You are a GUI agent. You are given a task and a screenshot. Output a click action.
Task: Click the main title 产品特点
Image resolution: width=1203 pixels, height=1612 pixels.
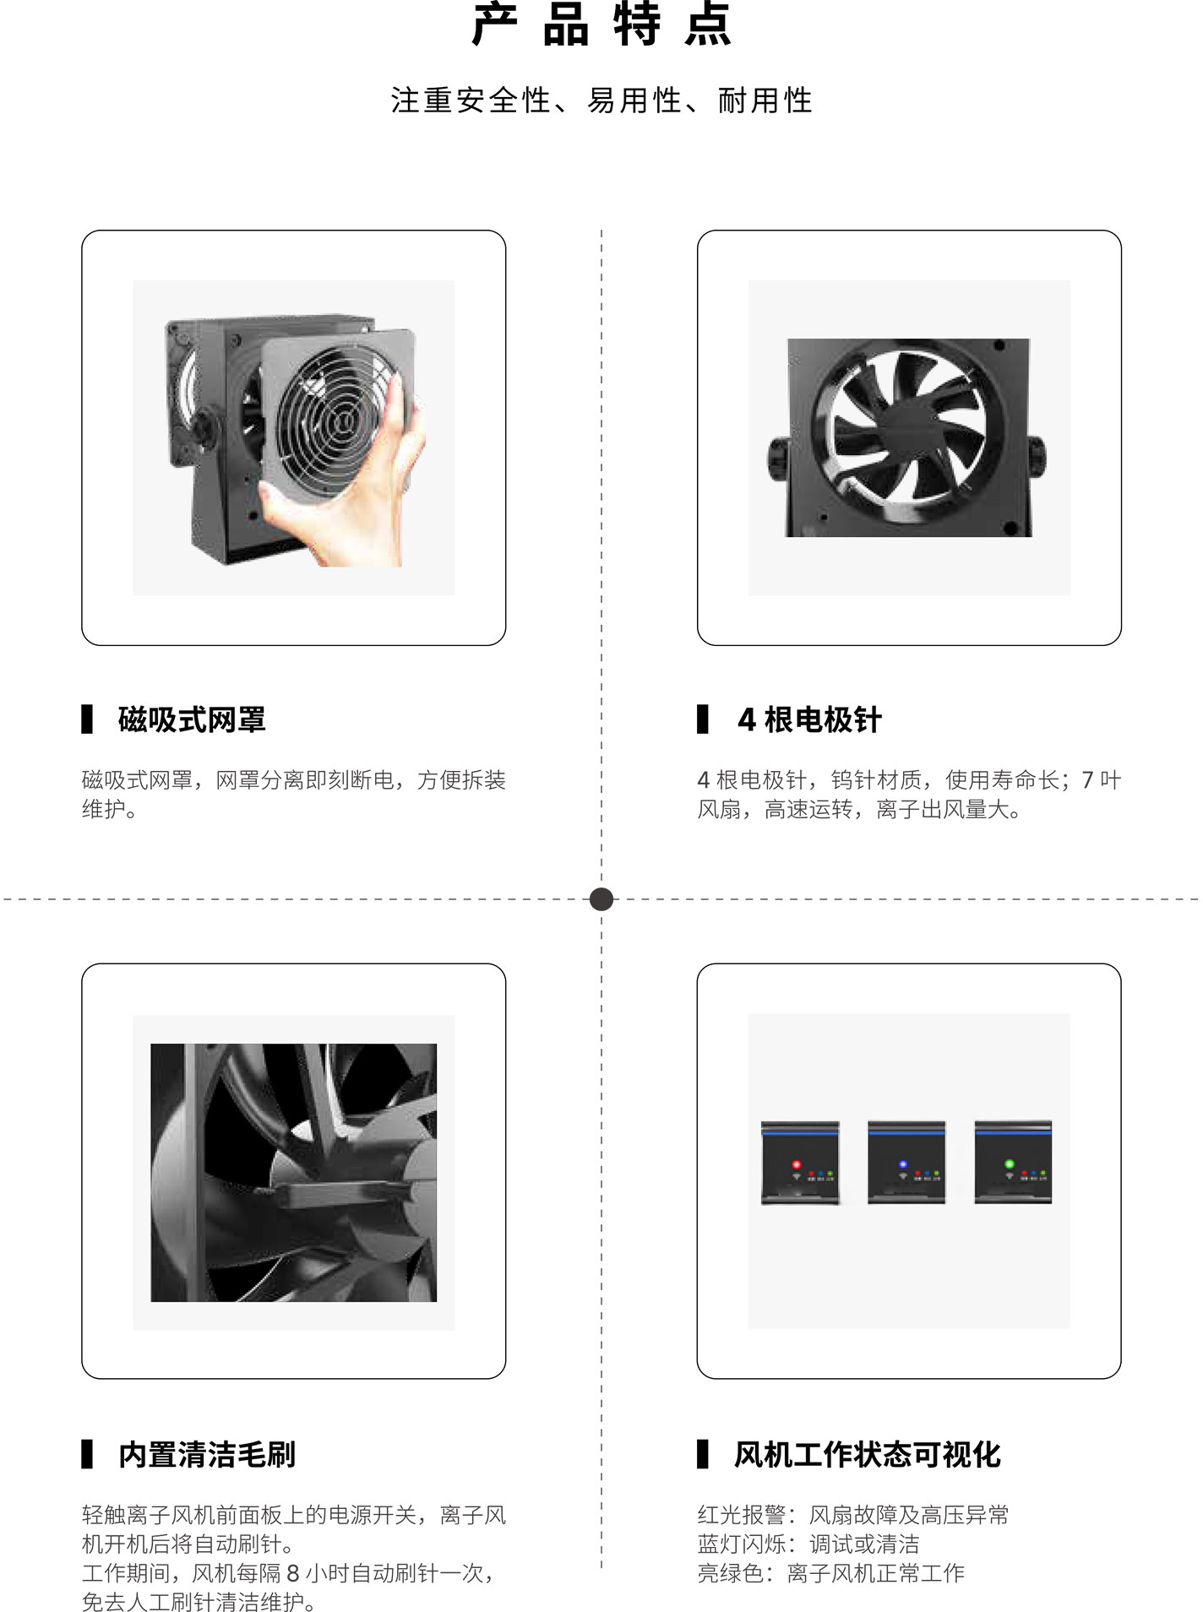[601, 24]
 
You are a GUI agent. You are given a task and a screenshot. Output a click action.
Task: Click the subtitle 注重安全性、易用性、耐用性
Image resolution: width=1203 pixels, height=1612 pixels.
[601, 100]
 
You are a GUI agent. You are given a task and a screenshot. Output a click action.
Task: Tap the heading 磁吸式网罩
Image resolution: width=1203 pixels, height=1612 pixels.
[192, 719]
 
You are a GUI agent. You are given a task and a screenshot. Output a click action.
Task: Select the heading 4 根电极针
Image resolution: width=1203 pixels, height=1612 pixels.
[809, 719]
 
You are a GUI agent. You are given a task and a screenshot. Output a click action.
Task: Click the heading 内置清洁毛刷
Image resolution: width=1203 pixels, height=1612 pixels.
[207, 1454]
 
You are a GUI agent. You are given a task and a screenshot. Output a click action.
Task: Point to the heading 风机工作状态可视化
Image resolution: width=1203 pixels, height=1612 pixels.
[868, 1454]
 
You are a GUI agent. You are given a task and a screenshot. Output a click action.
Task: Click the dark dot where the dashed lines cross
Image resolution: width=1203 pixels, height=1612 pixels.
[601, 899]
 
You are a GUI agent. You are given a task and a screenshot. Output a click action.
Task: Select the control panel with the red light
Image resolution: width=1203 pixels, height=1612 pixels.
[800, 1162]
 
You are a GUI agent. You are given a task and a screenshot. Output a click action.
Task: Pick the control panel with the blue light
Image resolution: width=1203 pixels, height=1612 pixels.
[906, 1162]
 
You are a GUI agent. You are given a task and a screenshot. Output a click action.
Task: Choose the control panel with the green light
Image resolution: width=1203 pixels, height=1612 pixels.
[1013, 1162]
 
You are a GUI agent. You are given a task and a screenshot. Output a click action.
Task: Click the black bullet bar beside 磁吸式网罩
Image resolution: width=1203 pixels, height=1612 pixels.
[87, 719]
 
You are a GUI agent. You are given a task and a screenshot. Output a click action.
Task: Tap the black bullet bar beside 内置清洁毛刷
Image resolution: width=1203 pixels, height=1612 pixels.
[87, 1454]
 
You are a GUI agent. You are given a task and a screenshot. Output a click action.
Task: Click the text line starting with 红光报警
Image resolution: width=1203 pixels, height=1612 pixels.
[853, 1515]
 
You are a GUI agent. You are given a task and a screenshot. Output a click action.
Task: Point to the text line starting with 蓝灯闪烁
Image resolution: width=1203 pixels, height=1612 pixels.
[808, 1544]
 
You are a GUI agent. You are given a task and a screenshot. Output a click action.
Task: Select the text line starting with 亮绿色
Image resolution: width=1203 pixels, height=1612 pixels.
[830, 1572]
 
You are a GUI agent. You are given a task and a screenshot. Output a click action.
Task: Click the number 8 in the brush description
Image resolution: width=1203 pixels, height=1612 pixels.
[293, 1573]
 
